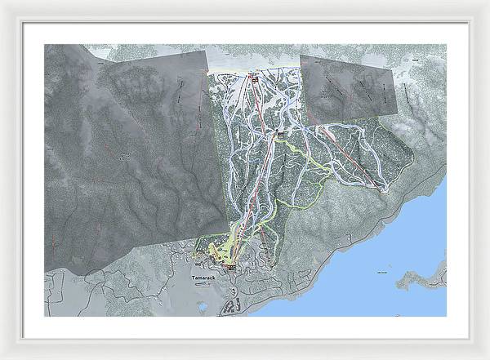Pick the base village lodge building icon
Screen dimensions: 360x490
[x=231, y=266]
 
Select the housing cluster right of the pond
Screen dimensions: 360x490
[x=231, y=308]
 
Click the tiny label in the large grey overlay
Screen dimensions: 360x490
[x=124, y=154]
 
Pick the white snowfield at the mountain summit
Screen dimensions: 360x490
[x=253, y=61]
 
